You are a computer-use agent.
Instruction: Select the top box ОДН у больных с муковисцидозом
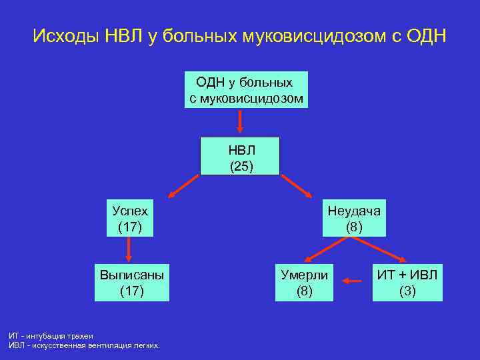[246, 90]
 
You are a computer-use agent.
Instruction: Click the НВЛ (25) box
[241, 157]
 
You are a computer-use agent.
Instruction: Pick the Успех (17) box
[129, 218]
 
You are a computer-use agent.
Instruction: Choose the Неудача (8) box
[353, 218]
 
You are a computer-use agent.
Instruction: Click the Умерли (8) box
[304, 282]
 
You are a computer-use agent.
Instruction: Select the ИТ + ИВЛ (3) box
[407, 282]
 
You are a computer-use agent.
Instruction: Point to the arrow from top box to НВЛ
[241, 122]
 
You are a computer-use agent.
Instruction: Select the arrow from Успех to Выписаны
[129, 250]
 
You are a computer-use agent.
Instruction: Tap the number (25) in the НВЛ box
[241, 165]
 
